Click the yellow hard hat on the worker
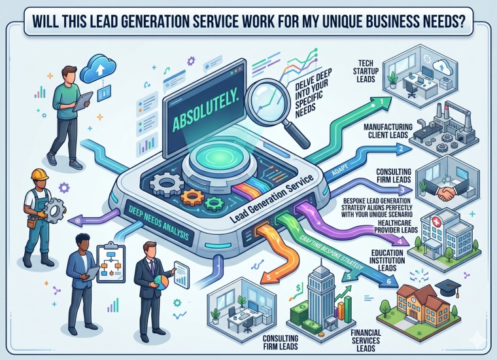point(39,175)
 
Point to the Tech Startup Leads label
point(366,71)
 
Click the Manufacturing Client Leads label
point(388,131)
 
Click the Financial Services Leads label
point(366,340)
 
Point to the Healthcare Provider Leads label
point(396,226)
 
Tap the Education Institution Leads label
point(388,261)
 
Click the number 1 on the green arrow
point(382,101)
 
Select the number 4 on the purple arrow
point(400,242)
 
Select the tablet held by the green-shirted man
point(82,101)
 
